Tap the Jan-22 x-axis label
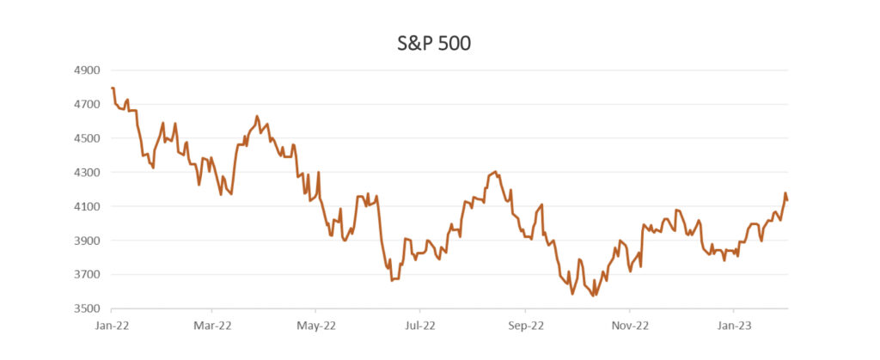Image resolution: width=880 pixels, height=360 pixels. tap(108, 326)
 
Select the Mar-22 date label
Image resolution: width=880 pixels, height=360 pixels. tap(211, 326)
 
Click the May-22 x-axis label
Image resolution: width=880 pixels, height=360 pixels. tap(316, 326)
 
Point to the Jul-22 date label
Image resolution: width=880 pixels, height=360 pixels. tap(420, 326)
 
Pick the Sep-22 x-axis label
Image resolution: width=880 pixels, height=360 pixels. tap(525, 326)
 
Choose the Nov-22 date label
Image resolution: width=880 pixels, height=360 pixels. tap(629, 326)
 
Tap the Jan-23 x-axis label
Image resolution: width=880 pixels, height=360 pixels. tap(733, 326)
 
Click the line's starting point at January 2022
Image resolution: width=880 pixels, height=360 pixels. tap(113, 88)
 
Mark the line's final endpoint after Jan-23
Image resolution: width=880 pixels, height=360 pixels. tap(787, 200)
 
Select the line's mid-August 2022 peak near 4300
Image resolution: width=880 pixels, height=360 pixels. tap(496, 172)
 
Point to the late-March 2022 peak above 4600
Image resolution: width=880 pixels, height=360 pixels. tap(257, 116)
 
